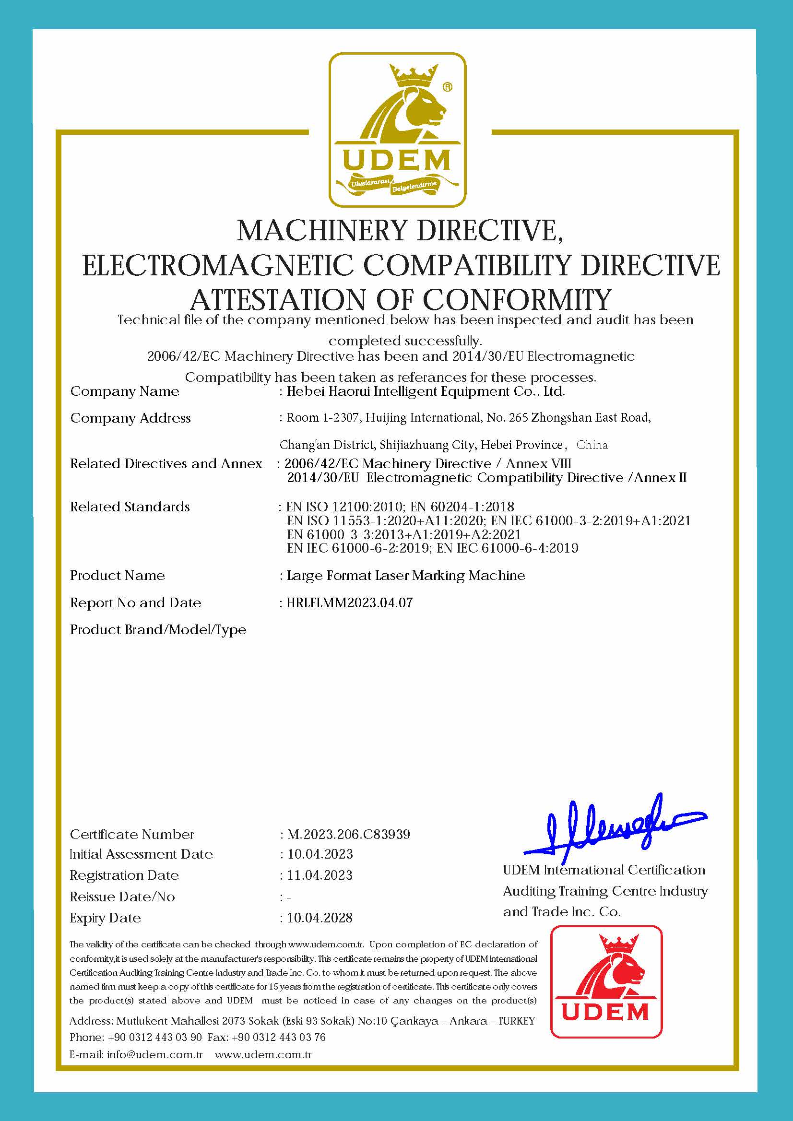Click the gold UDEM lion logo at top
(x=397, y=130)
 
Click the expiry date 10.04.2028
(x=320, y=918)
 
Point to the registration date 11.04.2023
(x=320, y=875)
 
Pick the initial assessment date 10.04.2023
(x=320, y=854)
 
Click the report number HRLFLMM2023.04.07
(x=349, y=602)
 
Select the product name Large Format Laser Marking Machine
(x=405, y=575)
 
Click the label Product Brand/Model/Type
(x=158, y=630)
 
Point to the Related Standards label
(x=130, y=507)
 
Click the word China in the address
(x=592, y=445)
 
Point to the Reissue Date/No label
(x=122, y=897)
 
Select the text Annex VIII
(x=538, y=463)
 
